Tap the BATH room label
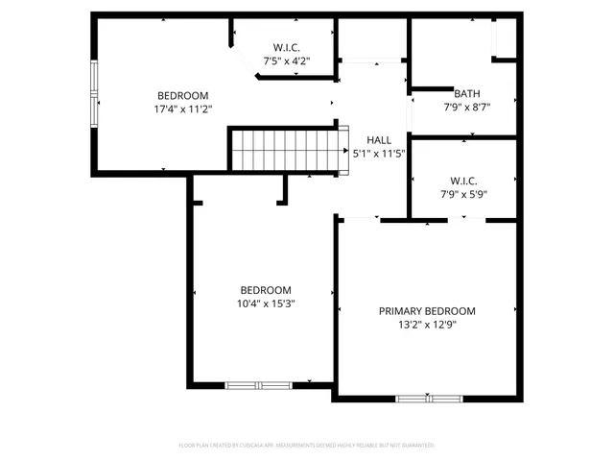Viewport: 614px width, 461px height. pyautogui.click(x=467, y=93)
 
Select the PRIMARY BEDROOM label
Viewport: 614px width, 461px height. pyautogui.click(x=427, y=311)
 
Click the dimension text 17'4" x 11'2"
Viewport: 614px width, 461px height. pyautogui.click(x=183, y=109)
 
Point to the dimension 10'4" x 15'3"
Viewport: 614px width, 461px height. pyautogui.click(x=266, y=303)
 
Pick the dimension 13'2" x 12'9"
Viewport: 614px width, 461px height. pyautogui.click(x=427, y=325)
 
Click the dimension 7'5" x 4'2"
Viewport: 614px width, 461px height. pyautogui.click(x=287, y=61)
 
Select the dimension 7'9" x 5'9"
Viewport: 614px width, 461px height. pyautogui.click(x=463, y=194)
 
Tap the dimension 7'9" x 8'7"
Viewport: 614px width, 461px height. pyautogui.click(x=467, y=107)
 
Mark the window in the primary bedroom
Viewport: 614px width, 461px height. pyautogui.click(x=428, y=398)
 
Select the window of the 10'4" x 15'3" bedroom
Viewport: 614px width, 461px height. pyautogui.click(x=258, y=385)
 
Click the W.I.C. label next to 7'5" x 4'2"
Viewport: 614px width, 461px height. pyautogui.click(x=287, y=47)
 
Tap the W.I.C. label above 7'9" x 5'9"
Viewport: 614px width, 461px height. pyautogui.click(x=463, y=181)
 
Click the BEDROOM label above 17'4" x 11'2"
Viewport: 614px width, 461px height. pyautogui.click(x=183, y=96)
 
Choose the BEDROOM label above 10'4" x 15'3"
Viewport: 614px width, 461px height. pyautogui.click(x=266, y=290)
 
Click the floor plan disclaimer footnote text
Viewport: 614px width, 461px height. pyautogui.click(x=307, y=446)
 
